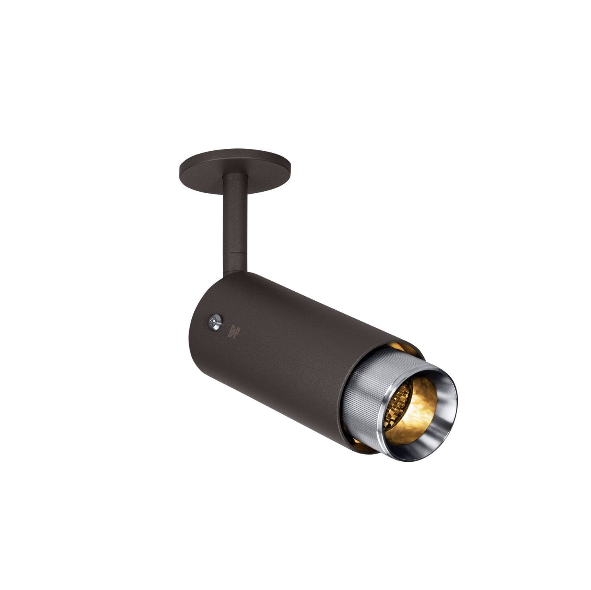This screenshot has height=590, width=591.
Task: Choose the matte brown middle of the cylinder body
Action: click(286, 347)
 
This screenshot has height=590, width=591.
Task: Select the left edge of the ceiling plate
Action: click(180, 168)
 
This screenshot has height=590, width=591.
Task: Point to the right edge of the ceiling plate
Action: click(290, 168)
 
